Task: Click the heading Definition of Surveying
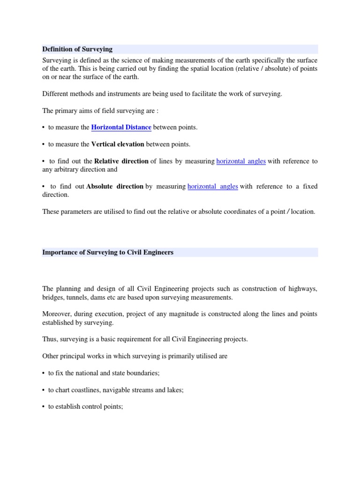click(x=77, y=49)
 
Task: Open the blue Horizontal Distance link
click(x=121, y=127)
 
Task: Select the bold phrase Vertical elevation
click(x=118, y=144)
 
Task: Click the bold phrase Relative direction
click(x=121, y=161)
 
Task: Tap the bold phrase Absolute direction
click(x=115, y=186)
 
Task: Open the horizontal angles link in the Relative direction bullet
click(x=241, y=161)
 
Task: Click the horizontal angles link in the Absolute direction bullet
click(x=213, y=186)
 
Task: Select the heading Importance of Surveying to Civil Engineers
click(x=108, y=252)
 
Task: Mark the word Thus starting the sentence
click(x=50, y=339)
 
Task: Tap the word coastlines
click(x=87, y=390)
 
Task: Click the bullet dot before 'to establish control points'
click(x=43, y=407)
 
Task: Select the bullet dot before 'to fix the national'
click(x=43, y=373)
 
